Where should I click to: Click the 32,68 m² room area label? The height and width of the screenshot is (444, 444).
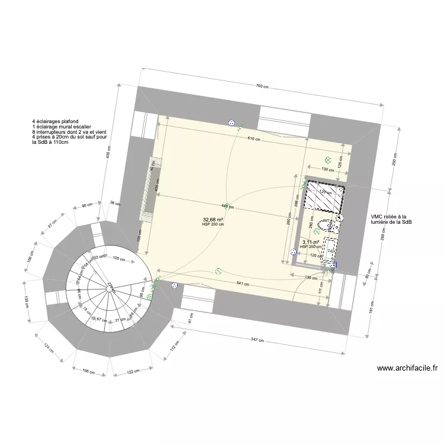coord(213,220)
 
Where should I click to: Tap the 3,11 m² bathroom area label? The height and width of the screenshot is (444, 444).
coord(310,242)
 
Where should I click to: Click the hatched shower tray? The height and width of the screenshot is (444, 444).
coord(324,197)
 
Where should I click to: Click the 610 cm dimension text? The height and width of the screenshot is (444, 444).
coord(254,139)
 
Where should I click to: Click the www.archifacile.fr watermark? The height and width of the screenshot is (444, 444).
coord(407,368)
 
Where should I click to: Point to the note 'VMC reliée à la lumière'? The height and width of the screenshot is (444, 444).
coord(391,220)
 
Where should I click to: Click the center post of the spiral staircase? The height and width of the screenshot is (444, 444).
coord(110,288)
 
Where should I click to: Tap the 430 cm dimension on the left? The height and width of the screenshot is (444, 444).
coord(108,155)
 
